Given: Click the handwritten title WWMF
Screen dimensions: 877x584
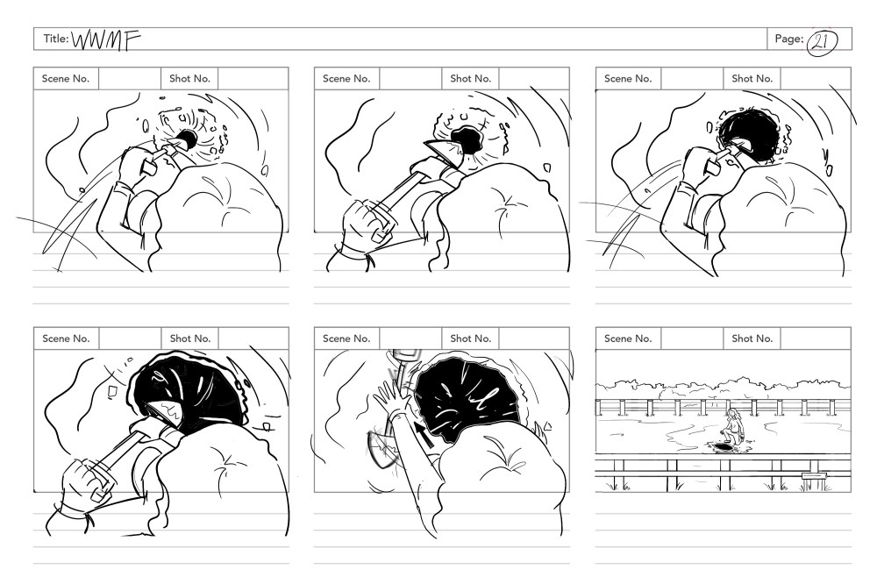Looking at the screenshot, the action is point(106,39).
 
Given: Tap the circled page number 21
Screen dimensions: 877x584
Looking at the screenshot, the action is point(822,41).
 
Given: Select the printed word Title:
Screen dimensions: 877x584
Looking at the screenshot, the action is point(56,39).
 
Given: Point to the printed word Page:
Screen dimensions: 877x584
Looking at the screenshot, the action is point(788,39).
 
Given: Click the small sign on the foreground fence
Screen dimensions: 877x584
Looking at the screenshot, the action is point(814,475).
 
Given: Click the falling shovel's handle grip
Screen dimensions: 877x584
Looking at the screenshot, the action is point(407,356).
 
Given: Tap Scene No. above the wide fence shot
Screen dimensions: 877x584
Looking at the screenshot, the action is point(628,338).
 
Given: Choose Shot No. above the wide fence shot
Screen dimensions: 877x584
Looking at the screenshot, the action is point(752,338).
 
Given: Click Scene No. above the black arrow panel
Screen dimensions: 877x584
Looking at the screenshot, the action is point(346,338).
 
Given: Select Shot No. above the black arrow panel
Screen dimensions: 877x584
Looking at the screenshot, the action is point(470,338).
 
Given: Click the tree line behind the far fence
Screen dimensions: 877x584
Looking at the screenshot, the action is point(723,389).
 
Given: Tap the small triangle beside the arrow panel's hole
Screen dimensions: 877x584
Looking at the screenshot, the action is point(547,427).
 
